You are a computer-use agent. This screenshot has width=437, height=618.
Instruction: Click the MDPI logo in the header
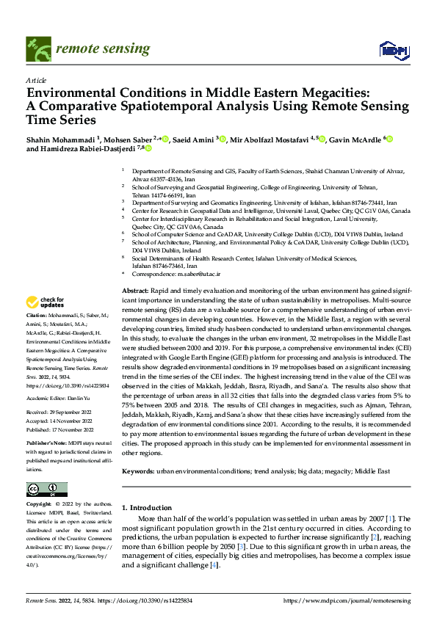coord(392,49)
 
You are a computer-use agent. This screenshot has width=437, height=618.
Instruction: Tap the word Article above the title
coord(36,81)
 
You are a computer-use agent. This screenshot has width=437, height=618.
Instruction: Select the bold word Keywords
coord(137,470)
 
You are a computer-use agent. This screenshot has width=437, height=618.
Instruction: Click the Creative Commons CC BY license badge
coord(47,489)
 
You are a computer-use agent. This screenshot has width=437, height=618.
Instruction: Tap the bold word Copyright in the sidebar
coord(39,504)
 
